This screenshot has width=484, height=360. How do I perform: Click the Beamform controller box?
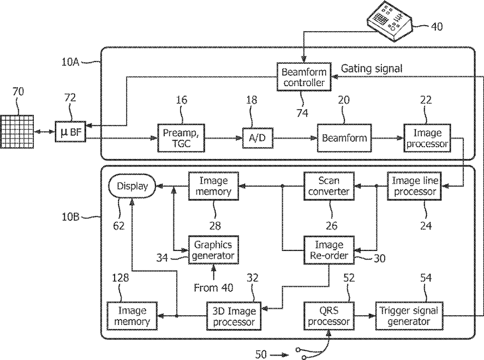pos(304,77)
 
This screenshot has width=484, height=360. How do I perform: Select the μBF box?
pos(70,131)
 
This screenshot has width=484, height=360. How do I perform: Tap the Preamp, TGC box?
pos(181,138)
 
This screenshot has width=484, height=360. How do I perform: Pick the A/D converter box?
pos(258,138)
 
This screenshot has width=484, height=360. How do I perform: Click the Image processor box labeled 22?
pos(427,138)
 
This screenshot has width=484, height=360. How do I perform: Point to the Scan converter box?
pos(328,186)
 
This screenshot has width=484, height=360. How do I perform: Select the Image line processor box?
pos(415,186)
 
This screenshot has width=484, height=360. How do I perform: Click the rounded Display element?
pos(133,186)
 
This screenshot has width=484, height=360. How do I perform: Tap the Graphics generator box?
pos(213,250)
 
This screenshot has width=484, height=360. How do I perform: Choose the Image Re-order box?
pos(328,250)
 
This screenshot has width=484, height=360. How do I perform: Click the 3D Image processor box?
pos(234,316)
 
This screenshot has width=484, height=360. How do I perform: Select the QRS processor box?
pos(328,316)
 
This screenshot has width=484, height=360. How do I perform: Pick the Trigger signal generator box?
pos(409,316)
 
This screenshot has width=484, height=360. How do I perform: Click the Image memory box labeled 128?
pos(132,316)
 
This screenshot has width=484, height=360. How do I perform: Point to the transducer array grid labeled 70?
pos(17,131)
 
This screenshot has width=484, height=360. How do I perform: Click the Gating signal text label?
pos(372,68)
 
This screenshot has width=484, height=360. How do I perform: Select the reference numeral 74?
pos(302,113)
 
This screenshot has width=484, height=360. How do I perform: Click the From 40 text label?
pos(213,288)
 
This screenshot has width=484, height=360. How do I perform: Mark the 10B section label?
pos(70,217)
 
